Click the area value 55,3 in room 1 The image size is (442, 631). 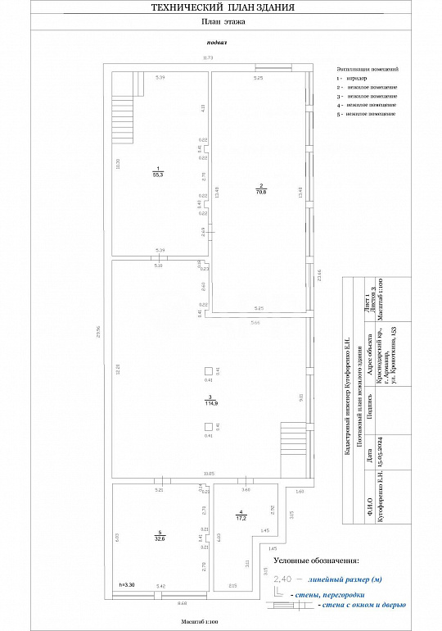(157, 175)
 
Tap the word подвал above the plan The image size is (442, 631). (217, 41)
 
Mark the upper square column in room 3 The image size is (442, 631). (209, 371)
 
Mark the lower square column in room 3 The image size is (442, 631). (209, 426)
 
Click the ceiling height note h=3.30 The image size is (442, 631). (126, 584)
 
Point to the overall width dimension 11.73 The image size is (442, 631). (208, 57)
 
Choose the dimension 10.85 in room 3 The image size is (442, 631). (209, 474)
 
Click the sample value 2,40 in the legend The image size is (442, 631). (283, 579)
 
